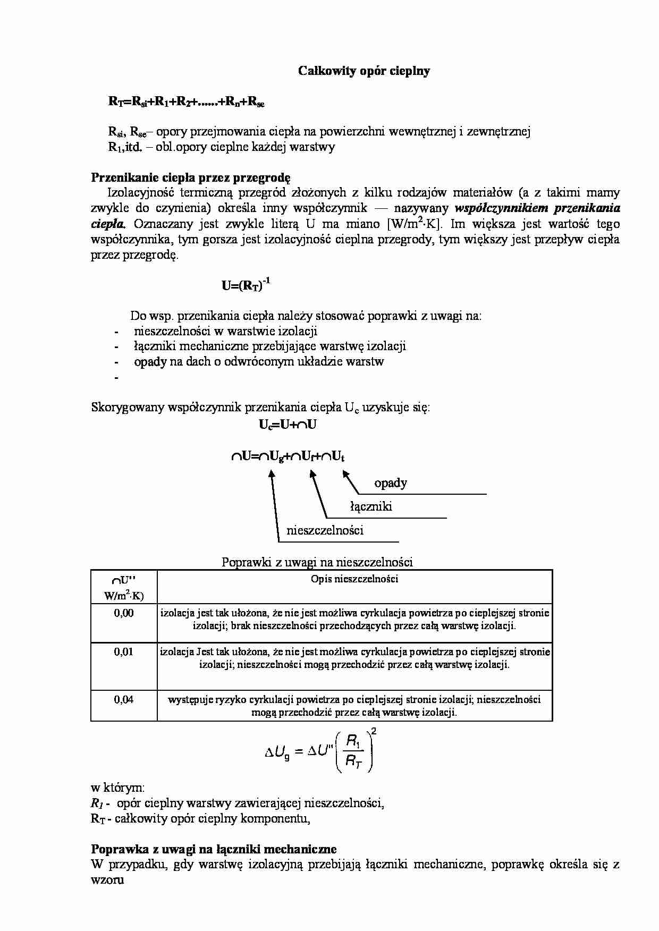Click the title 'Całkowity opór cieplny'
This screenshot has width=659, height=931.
click(364, 71)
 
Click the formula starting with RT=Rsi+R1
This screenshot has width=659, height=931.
click(186, 102)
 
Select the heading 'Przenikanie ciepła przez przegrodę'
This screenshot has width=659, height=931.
click(191, 177)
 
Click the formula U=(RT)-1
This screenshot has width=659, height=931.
click(246, 285)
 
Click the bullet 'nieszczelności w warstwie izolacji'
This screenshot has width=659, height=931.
click(225, 331)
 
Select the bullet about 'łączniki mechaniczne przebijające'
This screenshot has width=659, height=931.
click(269, 346)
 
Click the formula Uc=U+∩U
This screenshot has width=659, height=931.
click(288, 425)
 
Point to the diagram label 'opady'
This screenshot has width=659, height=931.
click(391, 483)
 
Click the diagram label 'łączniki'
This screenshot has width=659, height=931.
click(371, 506)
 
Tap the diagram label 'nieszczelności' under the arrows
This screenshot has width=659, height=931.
click(325, 530)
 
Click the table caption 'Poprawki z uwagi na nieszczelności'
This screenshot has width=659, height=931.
click(317, 562)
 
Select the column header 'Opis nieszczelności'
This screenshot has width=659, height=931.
click(354, 579)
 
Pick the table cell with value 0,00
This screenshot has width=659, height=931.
click(124, 613)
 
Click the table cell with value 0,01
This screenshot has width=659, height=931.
click(124, 652)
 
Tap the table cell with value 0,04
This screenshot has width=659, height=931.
click(124, 700)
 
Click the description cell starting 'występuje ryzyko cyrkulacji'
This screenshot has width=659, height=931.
click(354, 706)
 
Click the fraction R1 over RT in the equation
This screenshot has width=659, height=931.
click(353, 750)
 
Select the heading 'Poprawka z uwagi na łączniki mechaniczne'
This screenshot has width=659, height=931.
click(214, 849)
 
